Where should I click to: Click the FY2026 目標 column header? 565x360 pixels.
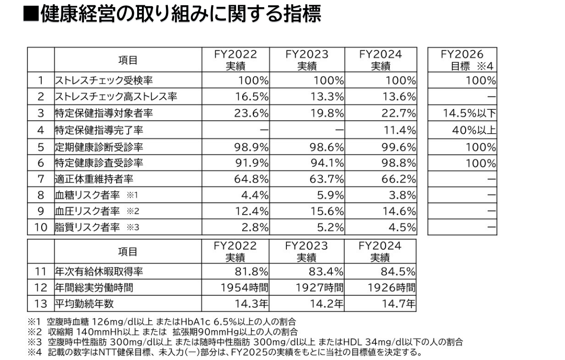pyautogui.click(x=462, y=60)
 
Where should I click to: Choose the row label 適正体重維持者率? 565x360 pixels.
pyautogui.click(x=94, y=179)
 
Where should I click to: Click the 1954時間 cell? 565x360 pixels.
pyautogui.click(x=241, y=288)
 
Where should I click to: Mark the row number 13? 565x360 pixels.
pyautogui.click(x=41, y=304)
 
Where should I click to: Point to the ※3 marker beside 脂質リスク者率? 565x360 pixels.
pyautogui.click(x=133, y=228)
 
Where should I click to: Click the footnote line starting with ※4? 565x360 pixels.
pyautogui.click(x=225, y=354)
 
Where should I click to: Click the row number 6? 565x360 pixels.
pyautogui.click(x=41, y=163)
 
